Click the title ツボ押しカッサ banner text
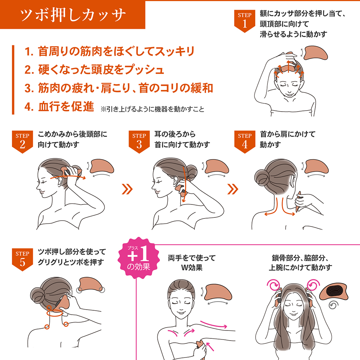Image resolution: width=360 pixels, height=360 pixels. (x=73, y=15)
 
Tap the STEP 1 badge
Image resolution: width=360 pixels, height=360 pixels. (x=244, y=21)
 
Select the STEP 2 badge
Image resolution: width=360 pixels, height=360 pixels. (x=22, y=141)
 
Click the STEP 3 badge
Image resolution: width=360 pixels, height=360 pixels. (x=139, y=141)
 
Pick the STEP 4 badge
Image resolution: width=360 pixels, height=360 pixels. (x=244, y=141)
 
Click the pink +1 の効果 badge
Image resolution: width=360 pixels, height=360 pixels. (x=139, y=258)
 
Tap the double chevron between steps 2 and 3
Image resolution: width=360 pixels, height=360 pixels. (x=127, y=189)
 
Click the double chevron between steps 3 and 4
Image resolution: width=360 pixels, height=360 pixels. (x=233, y=189)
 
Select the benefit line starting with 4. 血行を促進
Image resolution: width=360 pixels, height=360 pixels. (x=59, y=107)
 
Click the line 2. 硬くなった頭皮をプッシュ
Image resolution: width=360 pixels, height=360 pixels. (x=94, y=69)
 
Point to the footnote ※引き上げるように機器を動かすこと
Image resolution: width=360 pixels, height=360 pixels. (x=152, y=109)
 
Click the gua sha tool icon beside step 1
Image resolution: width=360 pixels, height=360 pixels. (x=316, y=53)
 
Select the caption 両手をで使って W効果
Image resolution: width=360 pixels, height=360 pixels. (x=192, y=263)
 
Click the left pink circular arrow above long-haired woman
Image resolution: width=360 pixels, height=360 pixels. (x=273, y=285)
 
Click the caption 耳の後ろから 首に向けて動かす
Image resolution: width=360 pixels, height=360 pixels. (x=182, y=139)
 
